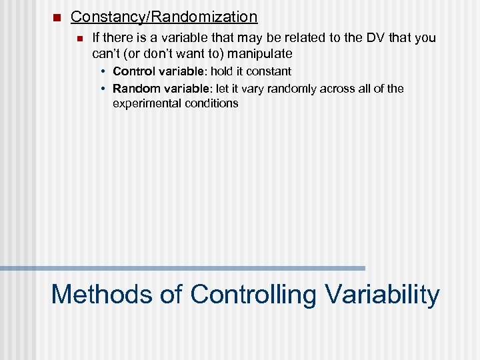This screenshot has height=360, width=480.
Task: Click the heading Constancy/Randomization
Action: [163, 17]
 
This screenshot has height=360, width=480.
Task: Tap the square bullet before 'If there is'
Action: [79, 38]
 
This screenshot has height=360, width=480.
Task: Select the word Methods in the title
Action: [98, 294]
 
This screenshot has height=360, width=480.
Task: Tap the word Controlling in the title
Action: [253, 294]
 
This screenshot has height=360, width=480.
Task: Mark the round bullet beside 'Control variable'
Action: [104, 71]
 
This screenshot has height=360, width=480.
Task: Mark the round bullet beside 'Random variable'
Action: [104, 89]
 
